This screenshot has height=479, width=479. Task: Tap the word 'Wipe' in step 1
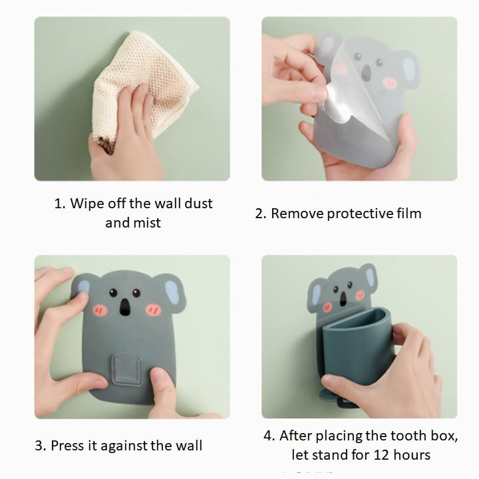tap(86, 204)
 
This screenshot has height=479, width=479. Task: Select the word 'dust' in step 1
tap(198, 204)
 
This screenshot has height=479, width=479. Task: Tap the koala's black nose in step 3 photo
tap(124, 307)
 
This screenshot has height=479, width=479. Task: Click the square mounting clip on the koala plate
tap(127, 369)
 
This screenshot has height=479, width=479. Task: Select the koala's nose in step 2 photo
tap(366, 73)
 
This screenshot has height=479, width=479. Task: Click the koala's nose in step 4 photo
tap(343, 299)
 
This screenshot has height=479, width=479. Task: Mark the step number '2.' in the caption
tap(261, 214)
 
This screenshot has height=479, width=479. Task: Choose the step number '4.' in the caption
tap(269, 436)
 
